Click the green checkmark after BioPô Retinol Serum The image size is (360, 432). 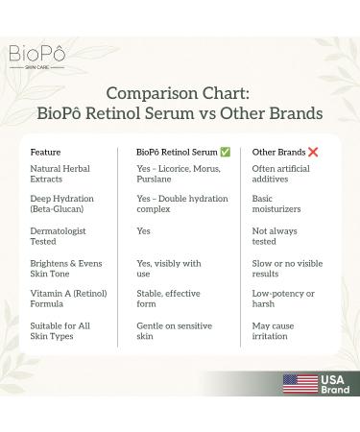[x=225, y=152]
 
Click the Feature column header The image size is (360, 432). [x=46, y=152]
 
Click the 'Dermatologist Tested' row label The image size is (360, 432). [x=60, y=237]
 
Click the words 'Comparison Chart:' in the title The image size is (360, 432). [x=180, y=93]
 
